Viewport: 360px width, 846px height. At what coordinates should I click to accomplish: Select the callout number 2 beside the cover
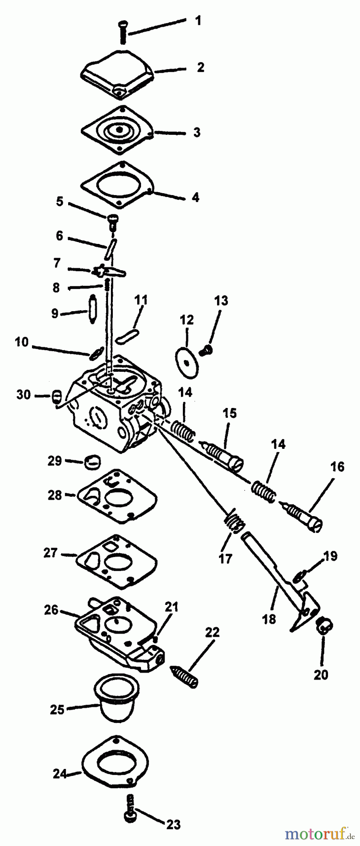click(201, 67)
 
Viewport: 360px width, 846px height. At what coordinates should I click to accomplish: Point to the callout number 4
click(196, 197)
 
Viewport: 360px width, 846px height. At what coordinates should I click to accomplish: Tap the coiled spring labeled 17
click(234, 522)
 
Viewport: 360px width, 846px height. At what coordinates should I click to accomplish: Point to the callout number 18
click(269, 619)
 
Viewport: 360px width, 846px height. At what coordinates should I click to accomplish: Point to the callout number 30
click(23, 394)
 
